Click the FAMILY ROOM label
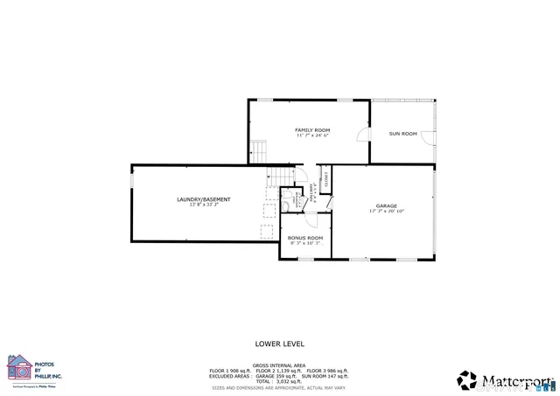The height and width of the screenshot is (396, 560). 311,129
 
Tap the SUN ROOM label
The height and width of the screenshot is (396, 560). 402,133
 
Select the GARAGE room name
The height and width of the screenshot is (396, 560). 386,205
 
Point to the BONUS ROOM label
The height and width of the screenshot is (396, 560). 304,238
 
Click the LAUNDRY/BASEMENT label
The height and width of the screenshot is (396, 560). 197,199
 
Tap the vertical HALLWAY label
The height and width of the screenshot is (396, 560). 311,196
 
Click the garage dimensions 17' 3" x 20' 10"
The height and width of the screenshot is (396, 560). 386,211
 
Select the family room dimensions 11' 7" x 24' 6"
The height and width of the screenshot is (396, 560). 311,135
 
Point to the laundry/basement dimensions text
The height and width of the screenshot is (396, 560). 197,205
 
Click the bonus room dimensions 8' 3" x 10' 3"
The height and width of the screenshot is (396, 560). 304,243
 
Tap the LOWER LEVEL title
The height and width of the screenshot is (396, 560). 279,344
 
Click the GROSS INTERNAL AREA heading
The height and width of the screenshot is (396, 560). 279,365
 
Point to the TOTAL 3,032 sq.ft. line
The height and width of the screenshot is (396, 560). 279,381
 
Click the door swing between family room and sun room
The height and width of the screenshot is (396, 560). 362,135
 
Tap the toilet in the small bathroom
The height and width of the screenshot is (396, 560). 287,204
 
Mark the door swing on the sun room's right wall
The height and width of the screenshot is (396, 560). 427,136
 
